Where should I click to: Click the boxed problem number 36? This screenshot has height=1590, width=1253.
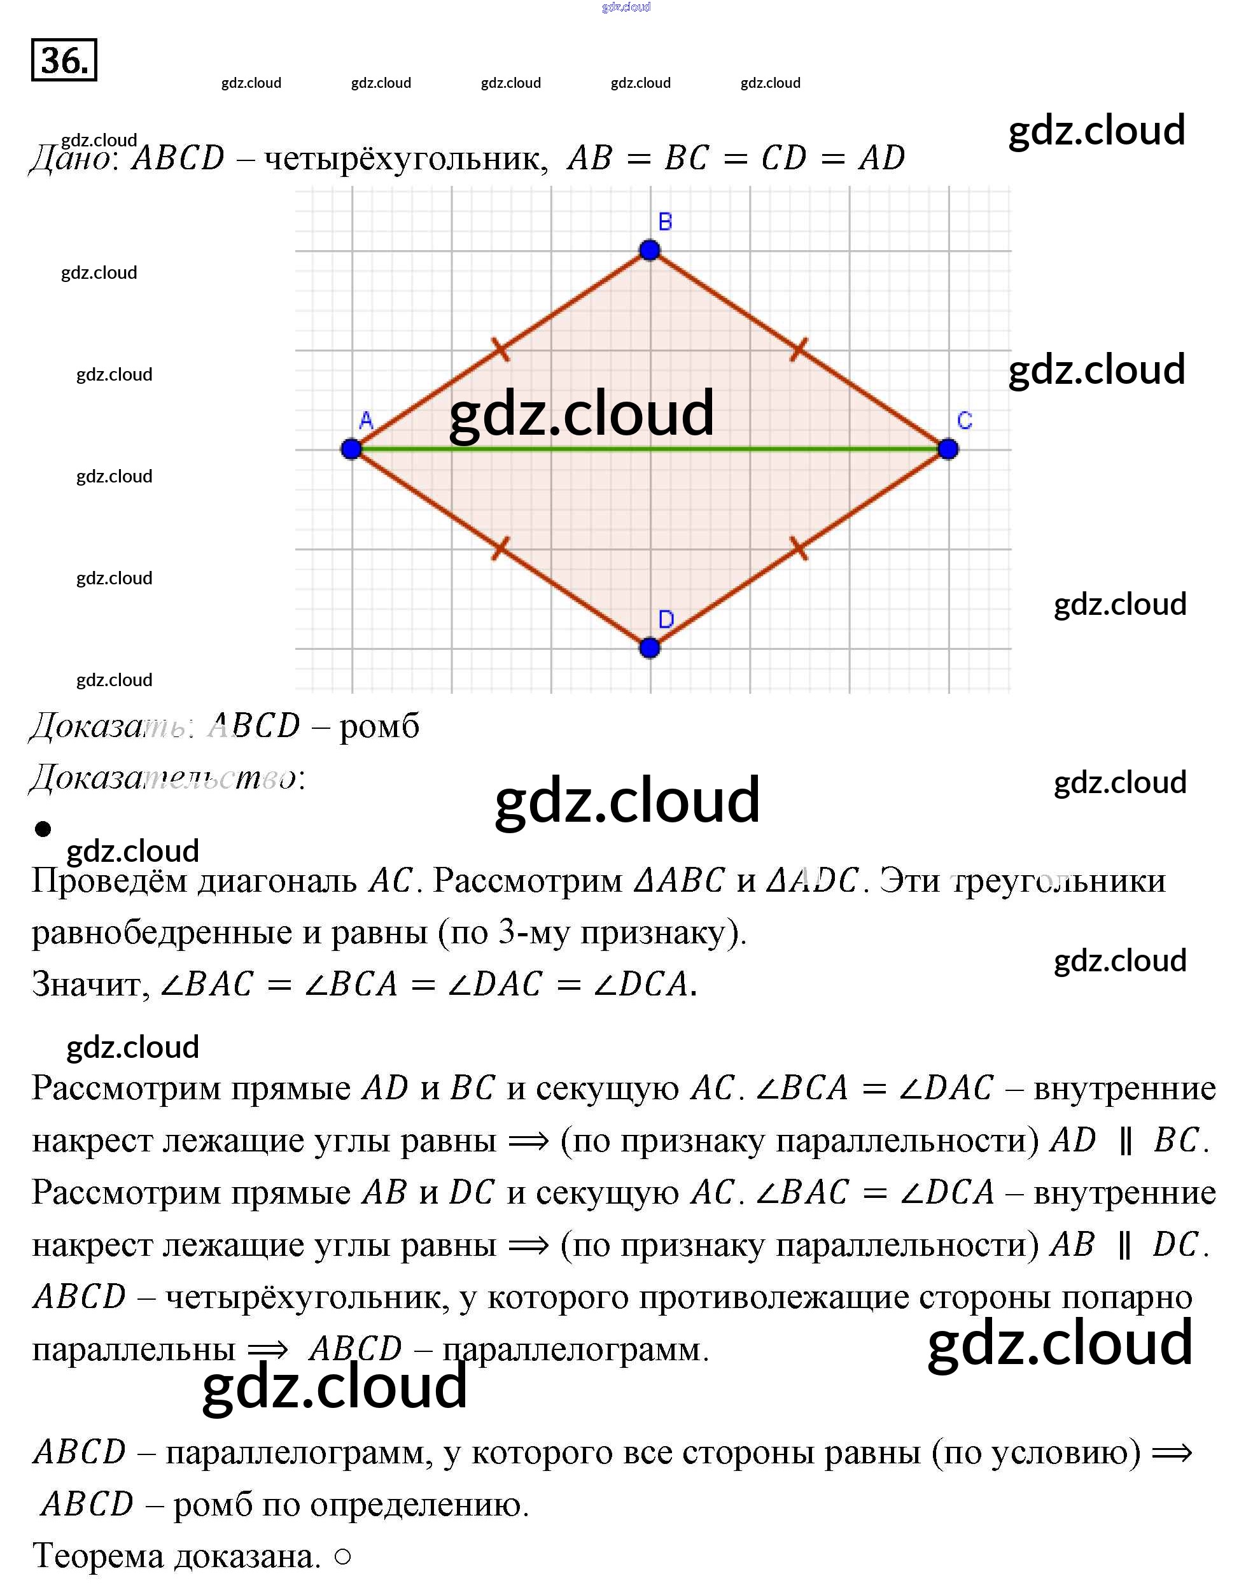pyautogui.click(x=64, y=59)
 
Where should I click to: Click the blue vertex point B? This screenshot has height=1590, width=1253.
pyautogui.click(x=649, y=250)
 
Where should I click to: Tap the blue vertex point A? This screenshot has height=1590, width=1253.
pyautogui.click(x=351, y=449)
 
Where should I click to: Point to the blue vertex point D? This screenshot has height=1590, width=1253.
pyautogui.click(x=649, y=648)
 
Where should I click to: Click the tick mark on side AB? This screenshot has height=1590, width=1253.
pyautogui.click(x=500, y=349)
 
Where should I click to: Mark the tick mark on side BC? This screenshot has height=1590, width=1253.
pyautogui.click(x=799, y=349)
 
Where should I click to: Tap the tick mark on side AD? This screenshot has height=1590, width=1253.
pyautogui.click(x=500, y=548)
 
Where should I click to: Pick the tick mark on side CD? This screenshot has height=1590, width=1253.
pyautogui.click(x=799, y=548)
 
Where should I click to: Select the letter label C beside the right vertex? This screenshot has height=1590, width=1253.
pyautogui.click(x=965, y=421)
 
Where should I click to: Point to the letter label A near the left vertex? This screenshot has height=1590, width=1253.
pyautogui.click(x=366, y=421)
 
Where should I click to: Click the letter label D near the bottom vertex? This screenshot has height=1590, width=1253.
pyautogui.click(x=666, y=619)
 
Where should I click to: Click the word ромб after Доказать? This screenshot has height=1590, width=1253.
pyautogui.click(x=379, y=726)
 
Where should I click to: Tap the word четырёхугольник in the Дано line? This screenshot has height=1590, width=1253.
pyautogui.click(x=406, y=158)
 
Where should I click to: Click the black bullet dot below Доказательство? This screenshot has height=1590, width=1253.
pyautogui.click(x=43, y=829)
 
